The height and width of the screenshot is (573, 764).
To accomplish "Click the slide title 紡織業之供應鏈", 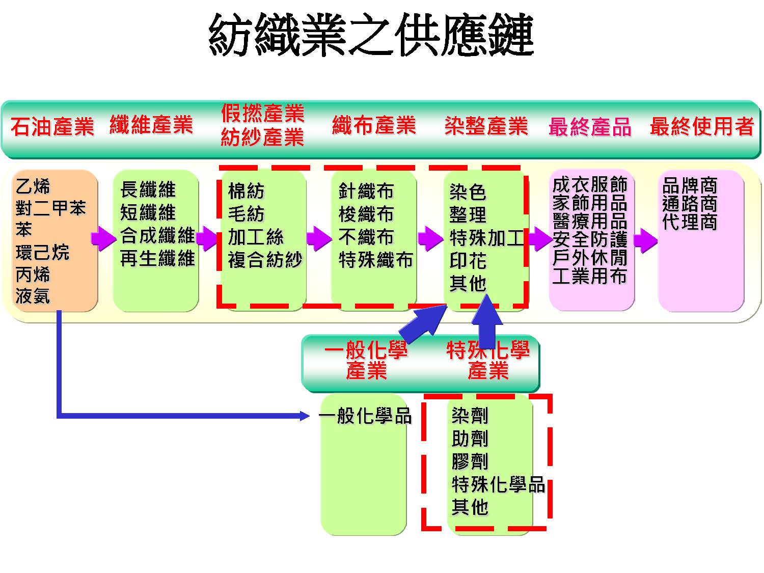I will click(371, 35).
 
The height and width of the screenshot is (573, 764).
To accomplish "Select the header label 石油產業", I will click(52, 126).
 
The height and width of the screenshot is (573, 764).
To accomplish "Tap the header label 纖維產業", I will click(151, 125).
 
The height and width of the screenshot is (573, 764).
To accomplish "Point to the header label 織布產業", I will click(374, 125).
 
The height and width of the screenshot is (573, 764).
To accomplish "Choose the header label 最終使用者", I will click(701, 126).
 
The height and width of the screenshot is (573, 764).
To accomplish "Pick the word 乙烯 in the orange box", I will click(33, 186).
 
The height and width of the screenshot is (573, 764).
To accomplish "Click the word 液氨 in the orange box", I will click(33, 296).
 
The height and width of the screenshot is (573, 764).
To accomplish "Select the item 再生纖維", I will click(157, 258).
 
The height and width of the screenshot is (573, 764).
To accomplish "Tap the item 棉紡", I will click(246, 192).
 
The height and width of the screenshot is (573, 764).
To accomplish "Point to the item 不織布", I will click(366, 237).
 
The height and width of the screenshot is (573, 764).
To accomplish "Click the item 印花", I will click(468, 261).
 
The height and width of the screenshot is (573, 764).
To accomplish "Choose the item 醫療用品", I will click(589, 221).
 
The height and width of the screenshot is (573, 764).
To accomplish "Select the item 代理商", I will click(690, 222).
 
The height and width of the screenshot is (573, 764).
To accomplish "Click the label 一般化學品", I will click(365, 416).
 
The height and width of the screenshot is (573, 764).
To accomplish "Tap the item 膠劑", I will click(470, 461).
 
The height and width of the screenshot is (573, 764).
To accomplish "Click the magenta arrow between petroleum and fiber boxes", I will click(103, 238).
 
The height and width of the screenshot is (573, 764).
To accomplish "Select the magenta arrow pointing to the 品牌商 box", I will click(645, 240).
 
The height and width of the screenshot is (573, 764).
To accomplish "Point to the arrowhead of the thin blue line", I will click(304, 416).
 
